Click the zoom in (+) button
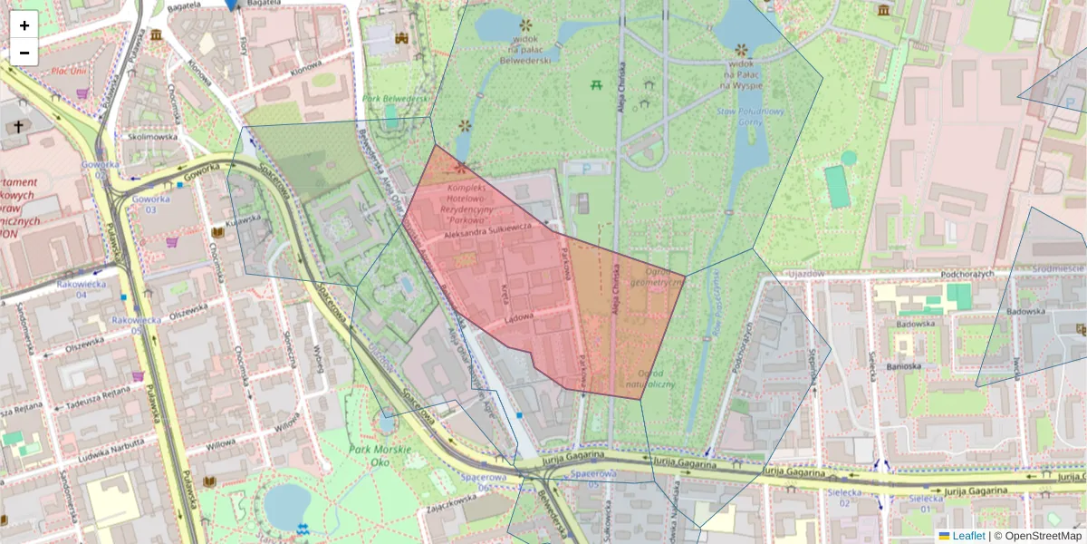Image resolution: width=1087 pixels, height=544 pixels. point(24,24)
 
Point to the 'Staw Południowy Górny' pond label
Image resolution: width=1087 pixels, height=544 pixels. point(737,117)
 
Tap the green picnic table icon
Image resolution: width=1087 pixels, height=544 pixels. point(596,85)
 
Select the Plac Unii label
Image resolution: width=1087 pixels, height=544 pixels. point(69,71)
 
